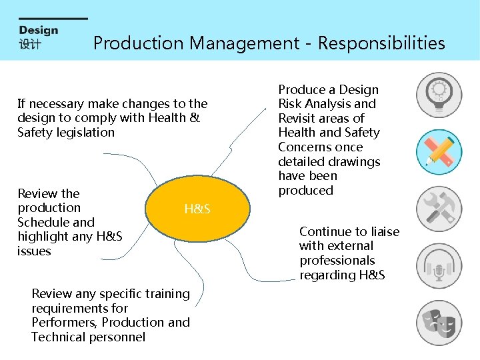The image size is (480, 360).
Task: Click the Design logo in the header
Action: click(x=39, y=37)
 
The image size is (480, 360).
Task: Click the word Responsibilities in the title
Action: click(x=381, y=43)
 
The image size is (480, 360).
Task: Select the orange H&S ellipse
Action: click(x=197, y=209)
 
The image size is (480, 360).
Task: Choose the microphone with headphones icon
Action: click(x=439, y=265)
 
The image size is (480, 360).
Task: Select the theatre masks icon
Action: click(x=439, y=323)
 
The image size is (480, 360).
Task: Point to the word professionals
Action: click(x=337, y=261)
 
